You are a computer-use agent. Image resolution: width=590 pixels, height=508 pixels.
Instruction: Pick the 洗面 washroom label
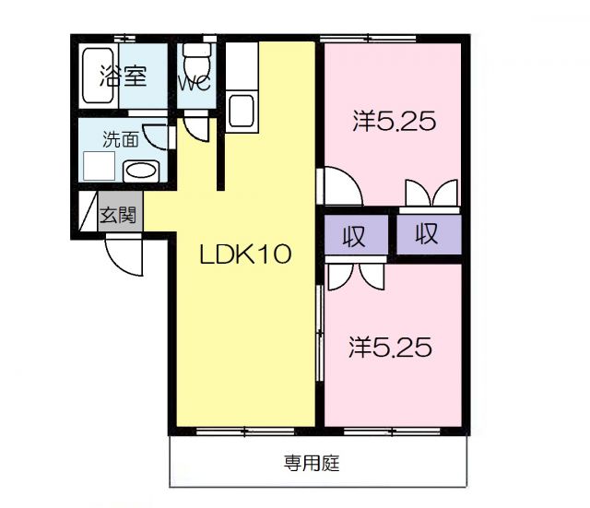pyautogui.click(x=120, y=140)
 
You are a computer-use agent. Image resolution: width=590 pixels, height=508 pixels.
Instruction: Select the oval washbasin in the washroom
pyautogui.click(x=141, y=171)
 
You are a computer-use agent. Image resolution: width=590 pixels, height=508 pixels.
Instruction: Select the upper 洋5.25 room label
pyautogui.click(x=392, y=121)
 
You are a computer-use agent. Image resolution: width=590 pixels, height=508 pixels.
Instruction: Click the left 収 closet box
pyautogui.click(x=354, y=235)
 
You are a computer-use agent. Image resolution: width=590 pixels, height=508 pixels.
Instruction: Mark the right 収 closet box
pyautogui.click(x=426, y=233)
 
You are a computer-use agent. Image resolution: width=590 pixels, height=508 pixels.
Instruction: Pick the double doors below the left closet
pyautogui.click(x=355, y=274)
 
